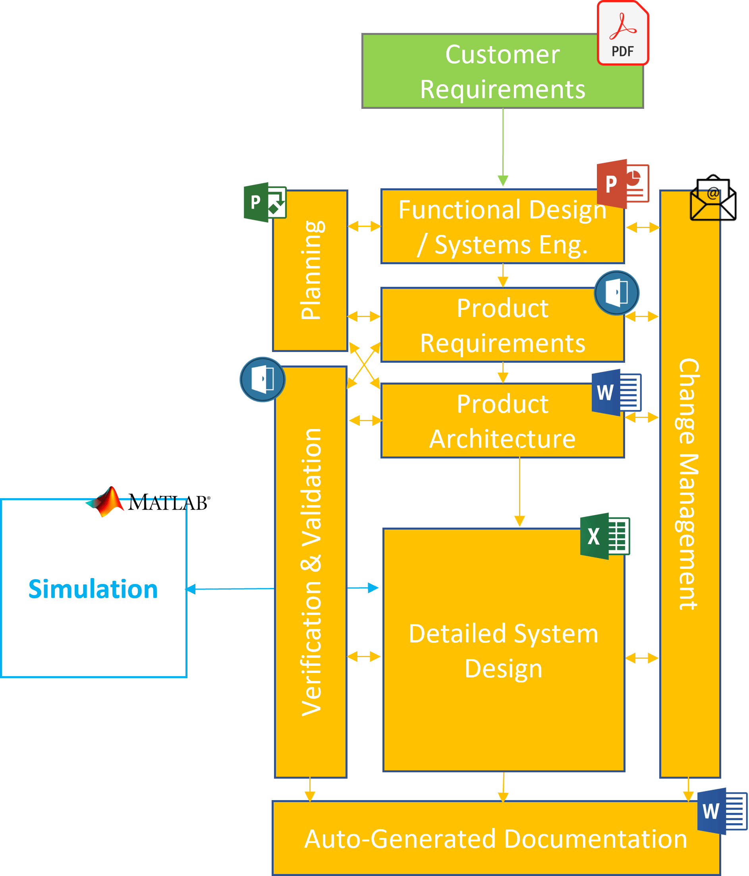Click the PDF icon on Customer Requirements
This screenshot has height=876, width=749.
622,33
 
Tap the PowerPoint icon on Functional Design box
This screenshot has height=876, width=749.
622,184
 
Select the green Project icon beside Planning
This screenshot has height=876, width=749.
264,202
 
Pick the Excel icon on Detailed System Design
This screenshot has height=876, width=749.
604,536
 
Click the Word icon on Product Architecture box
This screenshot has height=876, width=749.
616,393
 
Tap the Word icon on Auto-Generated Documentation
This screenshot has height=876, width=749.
722,811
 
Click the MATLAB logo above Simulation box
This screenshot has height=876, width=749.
148,502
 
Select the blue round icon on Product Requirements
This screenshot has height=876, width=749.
616,292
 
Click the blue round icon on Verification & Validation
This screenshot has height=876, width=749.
262,379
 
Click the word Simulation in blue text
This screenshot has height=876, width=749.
93,589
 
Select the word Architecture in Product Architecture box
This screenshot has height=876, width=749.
502,439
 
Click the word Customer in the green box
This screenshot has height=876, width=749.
502,54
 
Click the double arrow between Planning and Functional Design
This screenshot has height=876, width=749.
364,226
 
